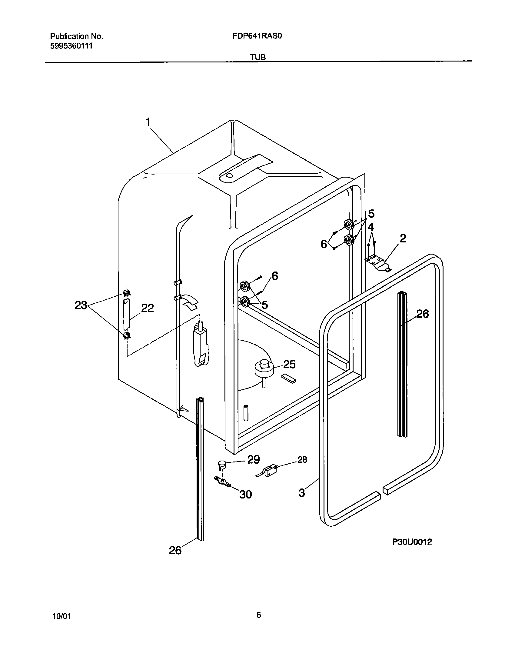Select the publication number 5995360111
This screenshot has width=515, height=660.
point(71,46)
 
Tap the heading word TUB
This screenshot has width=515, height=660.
point(258,57)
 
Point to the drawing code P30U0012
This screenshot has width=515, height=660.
point(412,542)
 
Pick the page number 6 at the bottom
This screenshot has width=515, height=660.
point(258,615)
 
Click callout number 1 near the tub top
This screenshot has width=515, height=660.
point(148,122)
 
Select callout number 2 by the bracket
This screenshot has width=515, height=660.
point(403,239)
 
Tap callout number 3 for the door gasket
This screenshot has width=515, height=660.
point(302,493)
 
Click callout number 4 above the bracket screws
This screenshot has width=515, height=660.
point(371,227)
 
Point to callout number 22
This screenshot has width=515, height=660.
point(147,308)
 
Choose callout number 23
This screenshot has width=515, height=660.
point(81,305)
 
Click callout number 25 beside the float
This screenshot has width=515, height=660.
point(289,364)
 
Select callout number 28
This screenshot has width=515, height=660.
point(302,460)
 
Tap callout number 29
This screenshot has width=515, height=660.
point(253,460)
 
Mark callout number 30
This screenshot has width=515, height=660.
point(245,495)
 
